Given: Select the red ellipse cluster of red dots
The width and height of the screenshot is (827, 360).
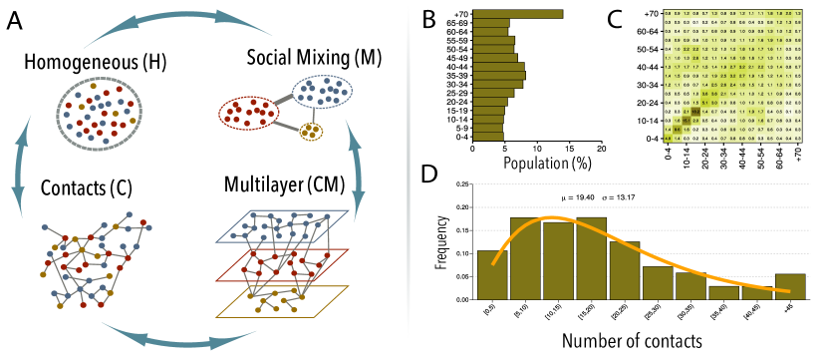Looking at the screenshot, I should coord(248,112).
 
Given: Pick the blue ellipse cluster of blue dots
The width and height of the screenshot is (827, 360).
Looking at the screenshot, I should coord(322,92).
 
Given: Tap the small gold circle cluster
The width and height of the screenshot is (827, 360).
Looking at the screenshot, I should coord(312,130).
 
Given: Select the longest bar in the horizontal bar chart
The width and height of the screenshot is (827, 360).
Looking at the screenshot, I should coord(517,14).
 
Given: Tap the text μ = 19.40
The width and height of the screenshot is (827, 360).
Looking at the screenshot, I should coord(580,197).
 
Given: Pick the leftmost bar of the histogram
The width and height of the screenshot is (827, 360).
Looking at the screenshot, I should coord(492,274).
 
